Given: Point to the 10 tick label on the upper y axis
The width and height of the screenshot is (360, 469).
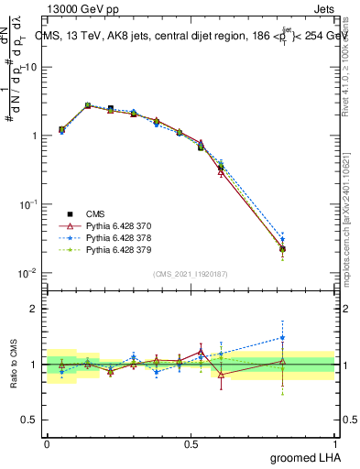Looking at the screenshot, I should point(31,67).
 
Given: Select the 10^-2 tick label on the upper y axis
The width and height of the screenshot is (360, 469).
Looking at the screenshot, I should point(27,272).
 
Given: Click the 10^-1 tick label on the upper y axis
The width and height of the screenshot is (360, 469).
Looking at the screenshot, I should point(27,203).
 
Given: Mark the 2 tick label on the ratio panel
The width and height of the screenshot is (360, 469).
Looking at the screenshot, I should point(37,309).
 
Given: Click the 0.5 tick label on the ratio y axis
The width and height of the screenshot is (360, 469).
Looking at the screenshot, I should point(32,420).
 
